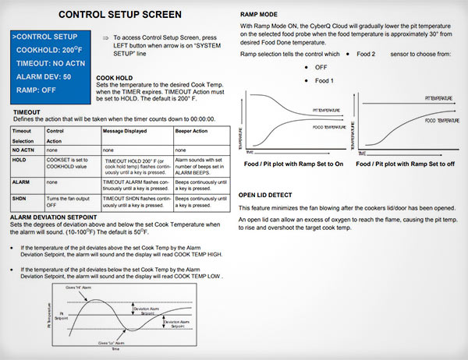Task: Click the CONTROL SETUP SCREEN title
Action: [120, 14]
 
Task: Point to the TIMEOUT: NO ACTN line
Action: [48, 63]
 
